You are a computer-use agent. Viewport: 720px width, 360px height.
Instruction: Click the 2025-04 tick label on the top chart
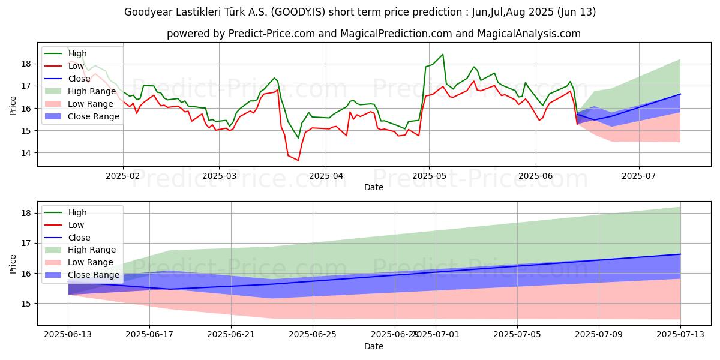click(x=326, y=176)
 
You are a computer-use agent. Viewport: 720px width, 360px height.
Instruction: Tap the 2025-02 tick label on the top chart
click(x=123, y=176)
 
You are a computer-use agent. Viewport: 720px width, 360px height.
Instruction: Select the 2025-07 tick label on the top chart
click(x=638, y=176)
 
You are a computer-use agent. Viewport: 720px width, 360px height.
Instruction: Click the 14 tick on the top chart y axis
click(x=27, y=153)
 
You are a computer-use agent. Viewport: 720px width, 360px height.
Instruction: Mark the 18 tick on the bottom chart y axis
click(x=27, y=213)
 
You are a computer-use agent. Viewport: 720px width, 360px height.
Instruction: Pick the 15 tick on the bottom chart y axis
click(x=27, y=304)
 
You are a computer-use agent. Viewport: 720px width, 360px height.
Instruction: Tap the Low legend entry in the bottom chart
click(x=77, y=225)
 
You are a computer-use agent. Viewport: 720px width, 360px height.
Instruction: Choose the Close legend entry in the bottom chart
click(x=79, y=238)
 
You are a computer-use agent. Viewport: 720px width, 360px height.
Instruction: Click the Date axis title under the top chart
click(x=374, y=187)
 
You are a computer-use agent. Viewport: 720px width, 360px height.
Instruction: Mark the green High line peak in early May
click(x=443, y=55)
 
